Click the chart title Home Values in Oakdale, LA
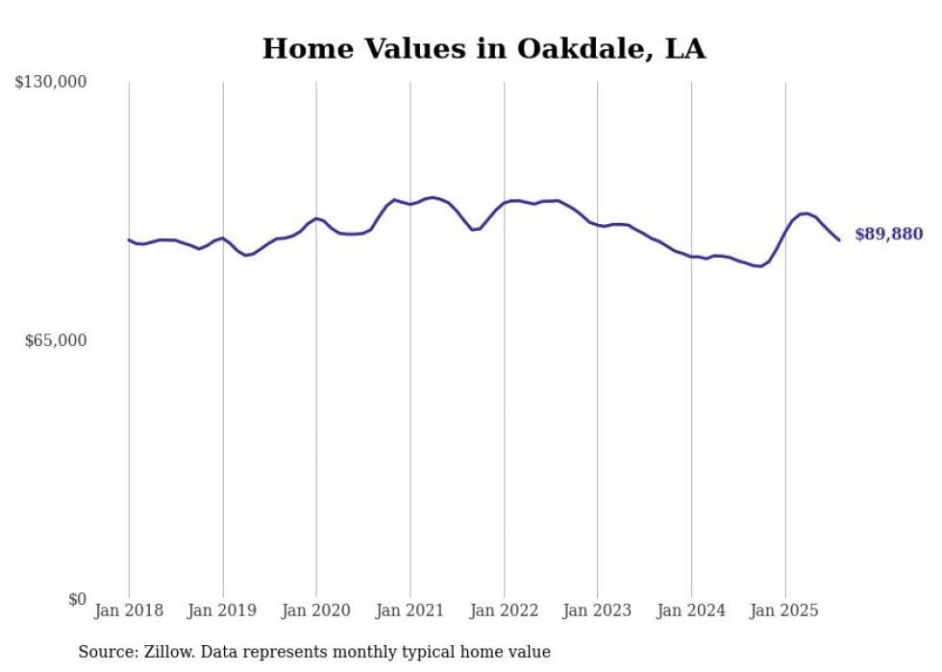click(483, 49)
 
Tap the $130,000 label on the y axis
click(50, 83)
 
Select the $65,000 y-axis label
click(55, 340)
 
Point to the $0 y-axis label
click(77, 599)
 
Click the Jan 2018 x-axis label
click(129, 610)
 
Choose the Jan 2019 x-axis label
click(223, 610)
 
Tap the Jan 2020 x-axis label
click(316, 610)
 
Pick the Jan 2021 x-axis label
click(410, 610)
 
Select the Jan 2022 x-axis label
click(504, 610)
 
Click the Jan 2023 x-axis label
click(597, 610)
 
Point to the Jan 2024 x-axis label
click(691, 610)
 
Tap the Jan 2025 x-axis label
click(784, 610)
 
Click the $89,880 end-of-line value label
click(888, 235)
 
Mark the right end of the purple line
click(839, 239)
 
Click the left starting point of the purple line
click(129, 239)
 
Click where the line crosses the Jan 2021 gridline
click(410, 204)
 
